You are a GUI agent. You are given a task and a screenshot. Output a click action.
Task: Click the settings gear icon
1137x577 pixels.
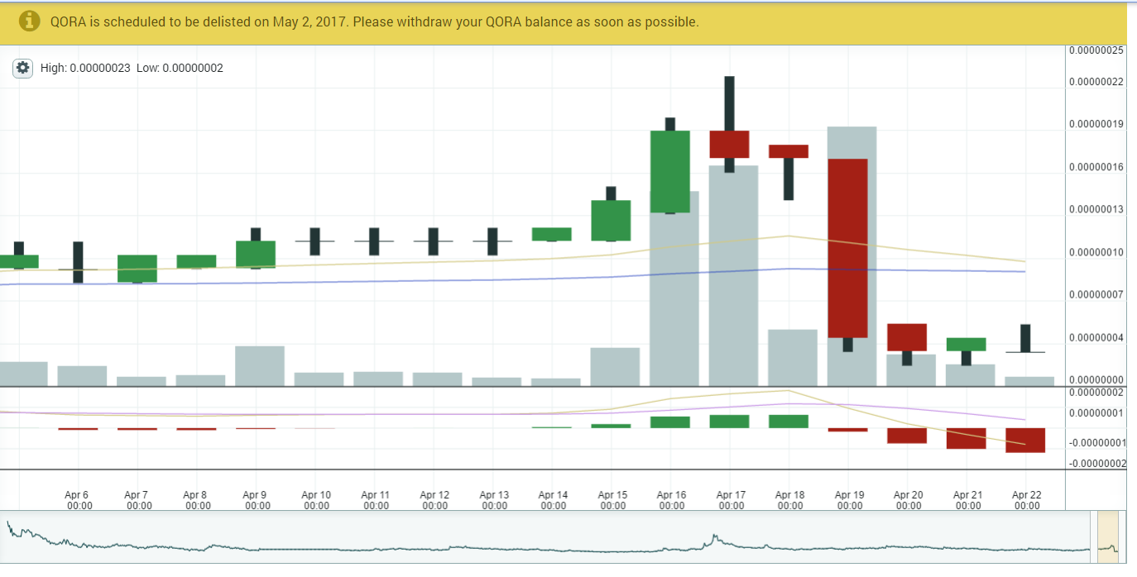coord(22,68)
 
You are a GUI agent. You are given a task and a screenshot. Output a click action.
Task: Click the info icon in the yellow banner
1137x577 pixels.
coord(30,21)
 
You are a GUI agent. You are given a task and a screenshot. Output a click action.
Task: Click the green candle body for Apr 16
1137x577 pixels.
coord(670,171)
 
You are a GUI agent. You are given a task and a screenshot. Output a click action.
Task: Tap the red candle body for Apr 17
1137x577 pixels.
coord(729,144)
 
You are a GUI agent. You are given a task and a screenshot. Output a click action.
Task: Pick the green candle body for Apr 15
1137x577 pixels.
coord(611,220)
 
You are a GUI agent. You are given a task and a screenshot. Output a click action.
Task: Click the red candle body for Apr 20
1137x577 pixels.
coord(907,337)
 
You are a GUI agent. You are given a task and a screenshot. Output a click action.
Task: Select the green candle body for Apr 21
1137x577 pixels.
coord(967,344)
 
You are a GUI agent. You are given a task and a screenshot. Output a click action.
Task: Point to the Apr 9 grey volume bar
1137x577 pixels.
coord(260,365)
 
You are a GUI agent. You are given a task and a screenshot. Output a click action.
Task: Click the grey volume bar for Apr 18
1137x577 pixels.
coord(793,357)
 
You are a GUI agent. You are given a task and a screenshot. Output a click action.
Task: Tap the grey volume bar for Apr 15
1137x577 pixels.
coord(615,366)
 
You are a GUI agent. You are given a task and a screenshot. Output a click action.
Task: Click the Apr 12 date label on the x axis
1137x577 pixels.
coord(434,500)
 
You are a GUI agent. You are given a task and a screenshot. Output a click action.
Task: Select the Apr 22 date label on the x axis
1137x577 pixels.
coord(1026,500)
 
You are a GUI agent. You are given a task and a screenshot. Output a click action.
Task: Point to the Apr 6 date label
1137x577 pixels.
coord(79,500)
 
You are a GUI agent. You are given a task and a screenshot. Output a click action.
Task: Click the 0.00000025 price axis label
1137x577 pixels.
coord(1096,50)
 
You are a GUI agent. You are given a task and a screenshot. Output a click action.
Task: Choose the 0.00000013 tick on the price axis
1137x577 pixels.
coord(1096,209)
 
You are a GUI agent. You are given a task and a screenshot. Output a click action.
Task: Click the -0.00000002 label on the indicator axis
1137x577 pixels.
coord(1096,464)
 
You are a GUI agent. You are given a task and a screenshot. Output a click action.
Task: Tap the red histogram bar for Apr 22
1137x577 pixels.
coord(1025,440)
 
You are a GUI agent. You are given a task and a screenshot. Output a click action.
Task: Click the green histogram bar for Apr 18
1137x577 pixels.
coord(789,422)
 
